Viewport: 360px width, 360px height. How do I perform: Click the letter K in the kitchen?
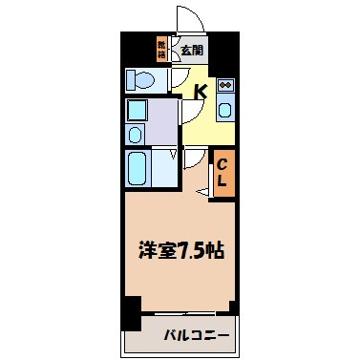(x=201, y=93)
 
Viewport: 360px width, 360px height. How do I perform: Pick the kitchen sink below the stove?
(x=226, y=109)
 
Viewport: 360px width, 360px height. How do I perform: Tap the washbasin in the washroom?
(x=136, y=133)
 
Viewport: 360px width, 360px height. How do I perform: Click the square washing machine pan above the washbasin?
(x=136, y=107)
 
